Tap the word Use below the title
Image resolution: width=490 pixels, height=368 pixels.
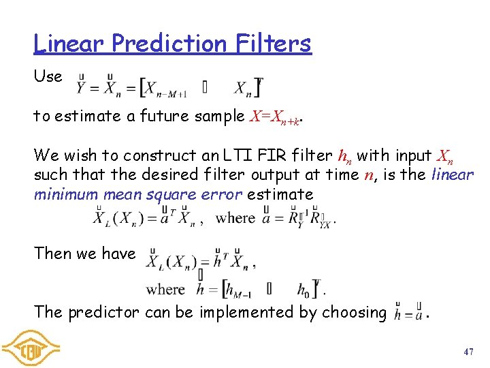(48, 76)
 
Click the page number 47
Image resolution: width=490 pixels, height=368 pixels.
(468, 352)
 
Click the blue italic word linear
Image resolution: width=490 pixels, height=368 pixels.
(453, 174)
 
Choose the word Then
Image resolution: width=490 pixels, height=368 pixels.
(52, 254)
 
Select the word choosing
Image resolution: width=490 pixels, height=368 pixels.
(353, 312)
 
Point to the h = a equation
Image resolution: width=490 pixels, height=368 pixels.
(409, 314)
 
